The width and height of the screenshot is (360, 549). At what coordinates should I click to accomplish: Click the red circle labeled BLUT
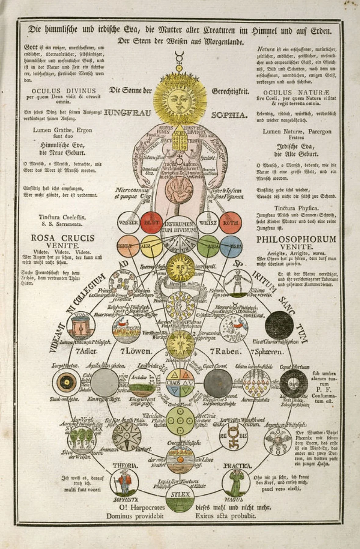pos(151,222)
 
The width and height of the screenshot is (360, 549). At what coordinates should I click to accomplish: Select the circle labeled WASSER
pos(129,222)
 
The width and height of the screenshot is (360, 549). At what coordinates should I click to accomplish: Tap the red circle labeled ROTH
pos(231,222)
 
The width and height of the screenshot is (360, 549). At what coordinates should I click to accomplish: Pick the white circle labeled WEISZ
pos(208,222)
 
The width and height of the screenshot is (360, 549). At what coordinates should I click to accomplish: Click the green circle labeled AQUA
pos(208,246)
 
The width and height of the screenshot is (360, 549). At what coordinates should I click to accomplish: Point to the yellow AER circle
pos(151,246)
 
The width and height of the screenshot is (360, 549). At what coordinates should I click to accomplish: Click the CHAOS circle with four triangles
pos(180,382)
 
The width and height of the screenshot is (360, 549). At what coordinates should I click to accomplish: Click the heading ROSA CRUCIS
pos(63,238)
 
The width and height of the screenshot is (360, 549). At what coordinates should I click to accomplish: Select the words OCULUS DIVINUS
pos(64,91)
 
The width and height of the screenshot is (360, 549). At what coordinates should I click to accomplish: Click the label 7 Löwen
pos(136,351)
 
